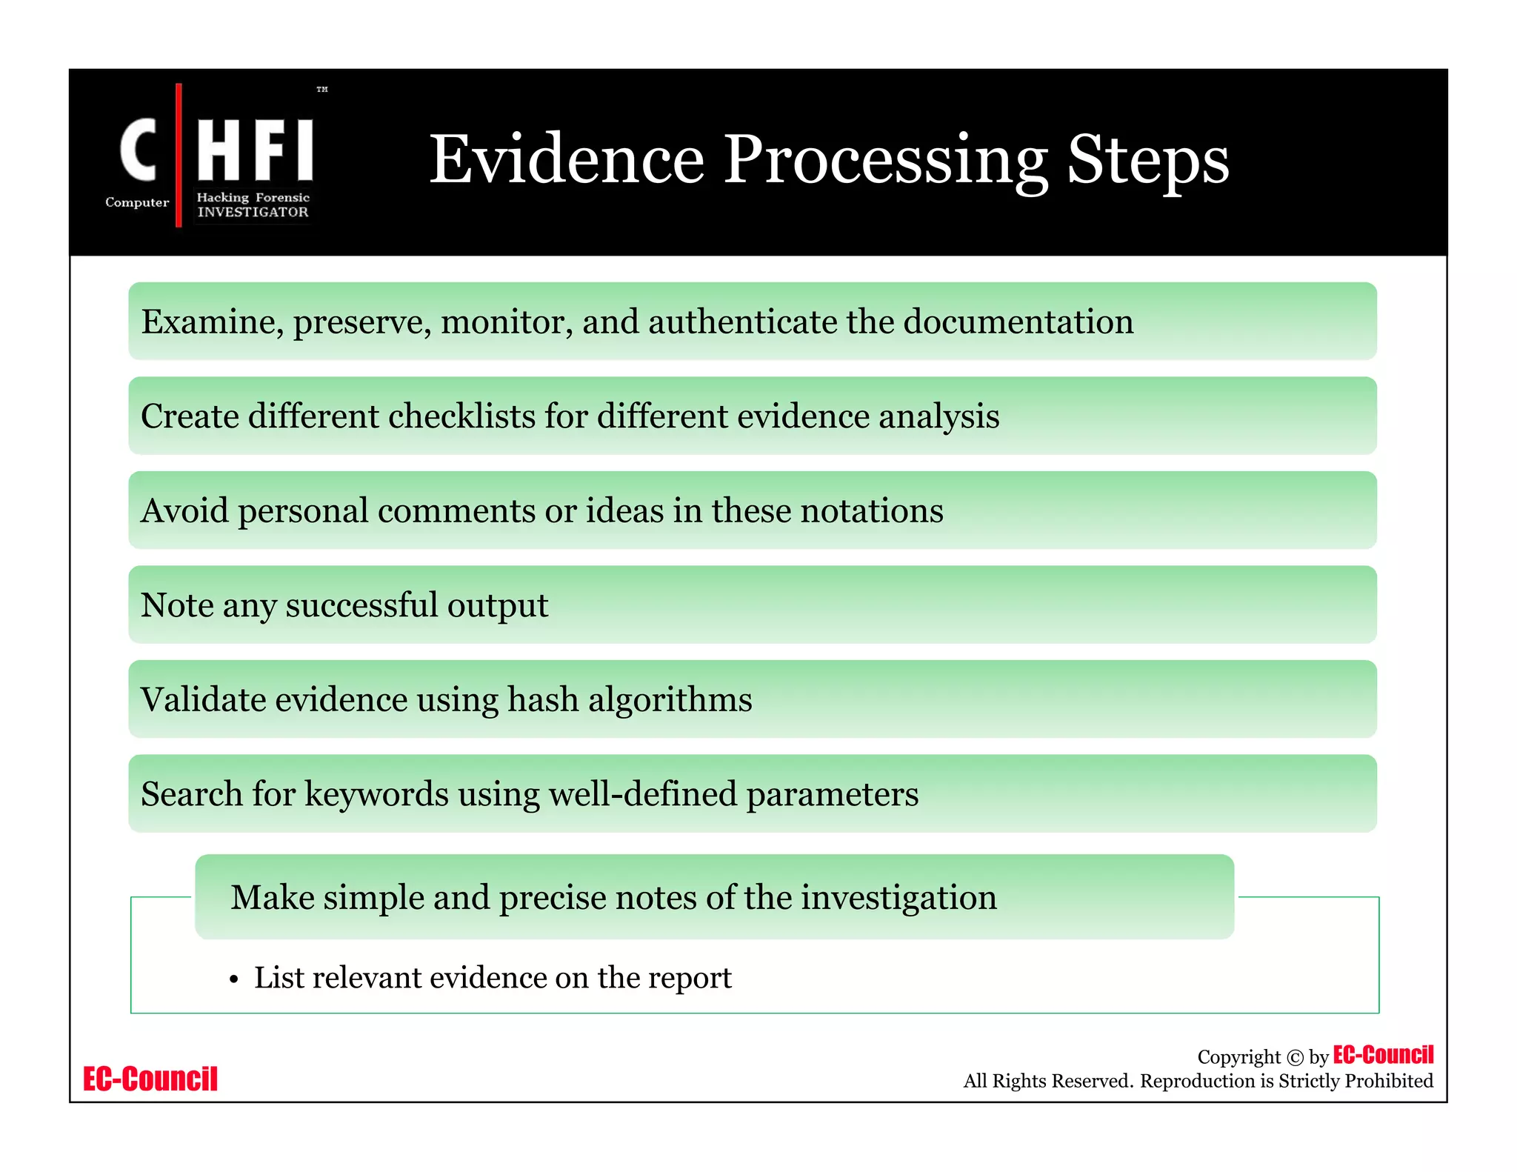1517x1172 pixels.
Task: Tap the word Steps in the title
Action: (1147, 161)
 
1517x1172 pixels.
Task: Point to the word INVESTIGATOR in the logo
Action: (253, 212)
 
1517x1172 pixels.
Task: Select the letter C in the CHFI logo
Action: (139, 150)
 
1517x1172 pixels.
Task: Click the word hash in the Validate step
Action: (542, 700)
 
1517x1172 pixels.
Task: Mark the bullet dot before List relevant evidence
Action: (234, 980)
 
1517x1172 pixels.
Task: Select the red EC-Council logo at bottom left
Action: (150, 1079)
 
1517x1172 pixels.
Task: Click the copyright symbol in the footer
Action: (1294, 1058)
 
